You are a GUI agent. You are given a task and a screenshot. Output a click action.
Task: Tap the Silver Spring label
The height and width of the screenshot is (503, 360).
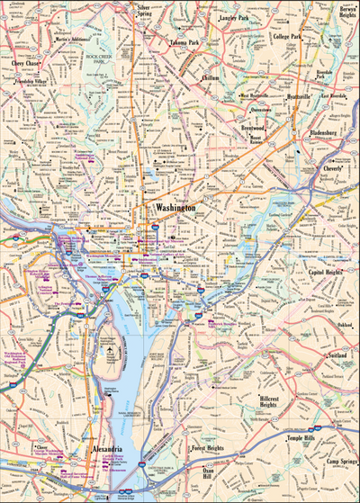[143, 10]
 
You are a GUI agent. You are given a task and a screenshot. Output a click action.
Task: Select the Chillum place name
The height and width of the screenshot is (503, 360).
[210, 78]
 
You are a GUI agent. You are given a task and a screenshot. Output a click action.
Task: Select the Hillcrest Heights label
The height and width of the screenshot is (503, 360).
[270, 400]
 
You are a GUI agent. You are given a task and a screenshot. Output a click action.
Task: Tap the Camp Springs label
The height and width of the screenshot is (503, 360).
[341, 461]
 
